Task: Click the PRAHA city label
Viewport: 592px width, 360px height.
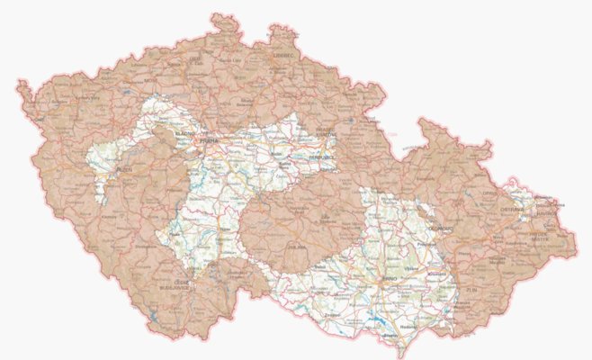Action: (210, 140)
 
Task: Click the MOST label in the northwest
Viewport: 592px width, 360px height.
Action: (149, 81)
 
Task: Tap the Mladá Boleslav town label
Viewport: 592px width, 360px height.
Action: (248, 102)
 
